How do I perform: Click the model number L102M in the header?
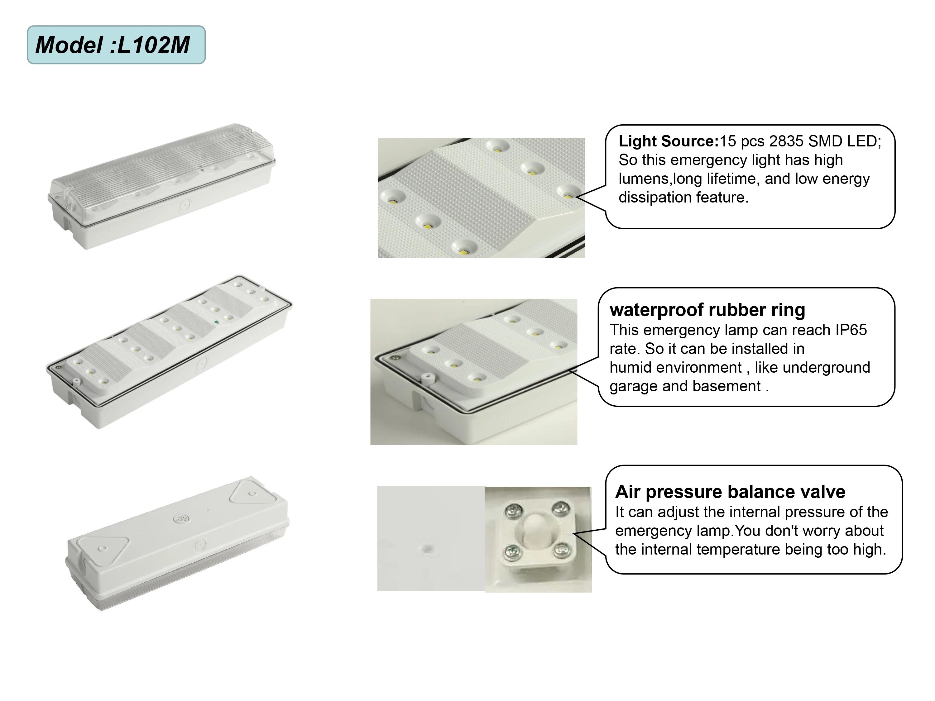tap(153, 45)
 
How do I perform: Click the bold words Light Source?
tap(668, 141)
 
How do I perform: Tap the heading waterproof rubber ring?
tap(707, 310)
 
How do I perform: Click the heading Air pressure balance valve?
tap(730, 492)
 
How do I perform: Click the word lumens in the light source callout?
tap(644, 179)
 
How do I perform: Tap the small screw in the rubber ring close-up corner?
tap(396, 358)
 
